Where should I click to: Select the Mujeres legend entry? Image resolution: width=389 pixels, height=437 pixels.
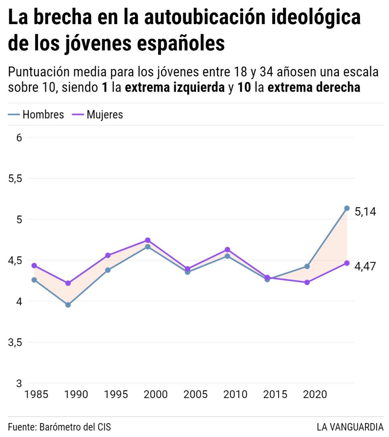coord(98,115)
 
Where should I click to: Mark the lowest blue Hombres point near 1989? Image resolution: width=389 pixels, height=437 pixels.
coord(68,305)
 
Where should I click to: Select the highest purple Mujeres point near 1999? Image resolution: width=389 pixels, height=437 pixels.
coord(148,240)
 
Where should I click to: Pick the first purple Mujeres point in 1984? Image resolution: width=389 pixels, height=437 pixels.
coord(34,266)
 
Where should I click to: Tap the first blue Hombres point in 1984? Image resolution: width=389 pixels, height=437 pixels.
coord(34,280)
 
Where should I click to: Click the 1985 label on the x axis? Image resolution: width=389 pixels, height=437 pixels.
coord(36,395)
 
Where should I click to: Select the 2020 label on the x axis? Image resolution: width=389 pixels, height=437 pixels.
coord(314,395)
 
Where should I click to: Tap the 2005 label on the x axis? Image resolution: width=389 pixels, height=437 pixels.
coord(195,395)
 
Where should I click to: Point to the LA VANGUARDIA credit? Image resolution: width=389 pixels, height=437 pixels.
coord(350,427)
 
